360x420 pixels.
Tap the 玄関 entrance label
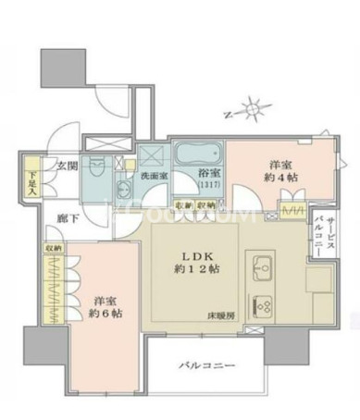(x=66, y=167)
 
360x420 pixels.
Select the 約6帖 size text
(x=105, y=313)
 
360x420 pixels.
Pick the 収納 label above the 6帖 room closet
(x=51, y=248)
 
